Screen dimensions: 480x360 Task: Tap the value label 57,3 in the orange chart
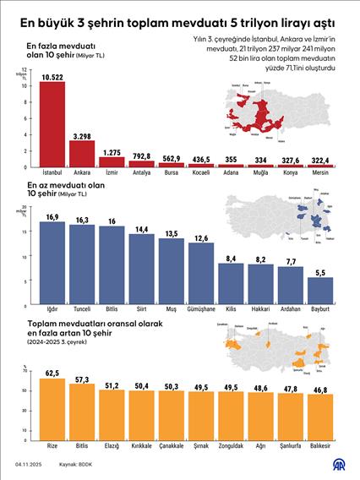82,380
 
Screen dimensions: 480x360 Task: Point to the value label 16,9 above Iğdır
52,217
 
